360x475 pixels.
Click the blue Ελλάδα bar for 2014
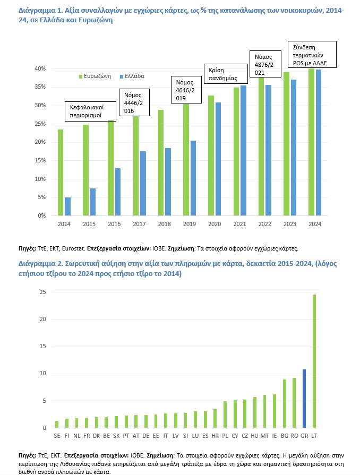(x=67, y=206)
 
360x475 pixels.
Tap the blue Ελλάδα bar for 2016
(x=117, y=192)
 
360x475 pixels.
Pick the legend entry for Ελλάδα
(x=133, y=76)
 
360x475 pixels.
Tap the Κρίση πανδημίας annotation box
(x=226, y=72)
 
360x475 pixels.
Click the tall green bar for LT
(x=314, y=361)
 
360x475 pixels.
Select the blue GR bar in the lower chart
(x=304, y=399)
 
